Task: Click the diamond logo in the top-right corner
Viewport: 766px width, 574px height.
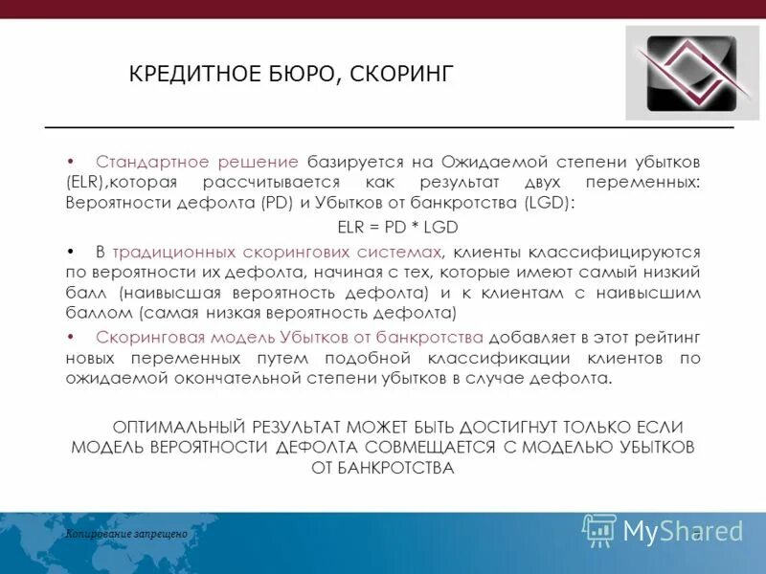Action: pyautogui.click(x=693, y=72)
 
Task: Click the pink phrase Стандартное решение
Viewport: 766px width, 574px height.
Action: pyautogui.click(x=197, y=159)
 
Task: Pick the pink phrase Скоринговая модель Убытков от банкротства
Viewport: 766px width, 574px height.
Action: pyautogui.click(x=290, y=337)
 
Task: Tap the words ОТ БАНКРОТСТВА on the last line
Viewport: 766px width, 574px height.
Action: pyautogui.click(x=382, y=468)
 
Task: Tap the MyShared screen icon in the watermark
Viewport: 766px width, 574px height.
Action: pyautogui.click(x=599, y=530)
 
